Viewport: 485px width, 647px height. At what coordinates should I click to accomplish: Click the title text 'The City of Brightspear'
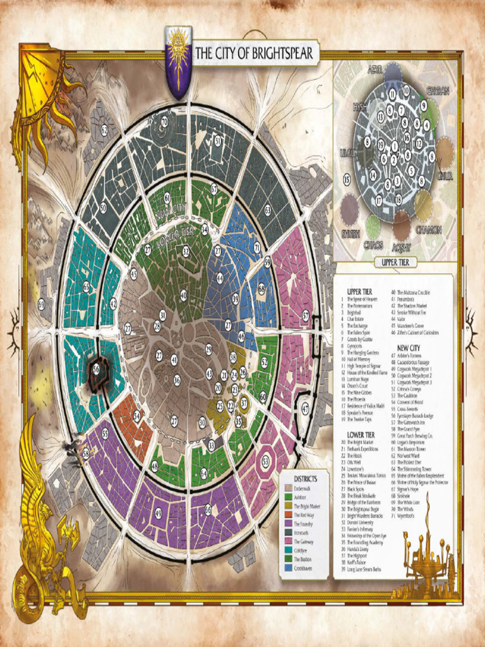coord(254,54)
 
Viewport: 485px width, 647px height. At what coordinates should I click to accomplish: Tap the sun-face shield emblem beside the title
coord(178,60)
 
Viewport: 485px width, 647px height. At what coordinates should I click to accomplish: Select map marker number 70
coord(164,121)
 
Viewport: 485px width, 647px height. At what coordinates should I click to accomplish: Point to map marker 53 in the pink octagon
coord(266,462)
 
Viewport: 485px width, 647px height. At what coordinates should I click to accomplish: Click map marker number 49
coord(158,513)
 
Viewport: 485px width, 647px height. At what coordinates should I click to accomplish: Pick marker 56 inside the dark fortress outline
coord(97,368)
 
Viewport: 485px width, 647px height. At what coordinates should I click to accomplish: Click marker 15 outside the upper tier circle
coord(347,180)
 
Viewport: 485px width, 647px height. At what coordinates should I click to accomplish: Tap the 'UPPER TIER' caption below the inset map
coord(395,262)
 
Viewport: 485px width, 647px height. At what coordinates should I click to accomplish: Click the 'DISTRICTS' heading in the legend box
coord(306,479)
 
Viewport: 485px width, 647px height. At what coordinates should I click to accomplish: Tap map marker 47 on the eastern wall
coord(305,409)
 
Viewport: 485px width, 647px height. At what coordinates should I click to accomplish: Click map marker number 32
coord(186,251)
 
